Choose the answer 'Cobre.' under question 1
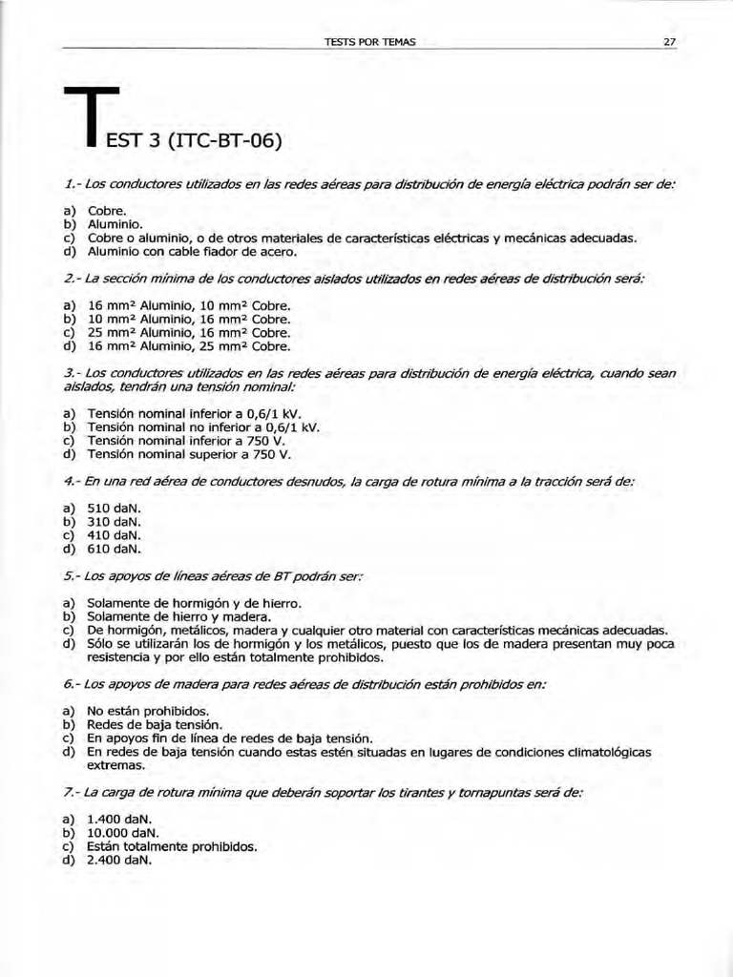(106, 210)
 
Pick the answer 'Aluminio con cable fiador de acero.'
(192, 252)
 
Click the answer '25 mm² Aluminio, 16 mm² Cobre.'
(188, 333)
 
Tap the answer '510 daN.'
(114, 509)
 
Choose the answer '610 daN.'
(114, 549)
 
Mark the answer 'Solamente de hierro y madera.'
(178, 616)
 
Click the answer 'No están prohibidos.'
(147, 711)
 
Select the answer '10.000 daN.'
(119, 832)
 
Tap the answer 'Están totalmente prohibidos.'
(172, 845)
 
